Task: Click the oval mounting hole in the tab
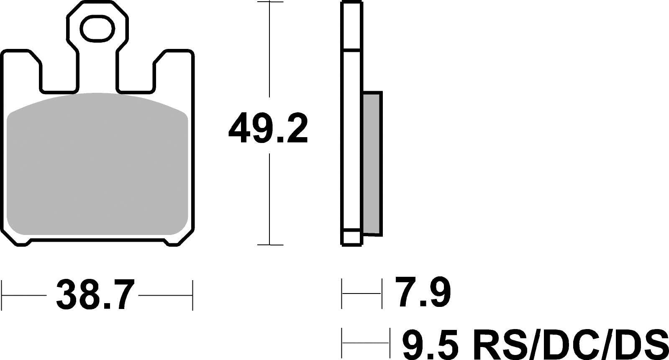[97, 29]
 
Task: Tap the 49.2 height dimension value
[268, 128]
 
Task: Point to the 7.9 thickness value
[423, 292]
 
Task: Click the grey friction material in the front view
[97, 164]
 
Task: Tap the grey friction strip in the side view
[372, 163]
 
